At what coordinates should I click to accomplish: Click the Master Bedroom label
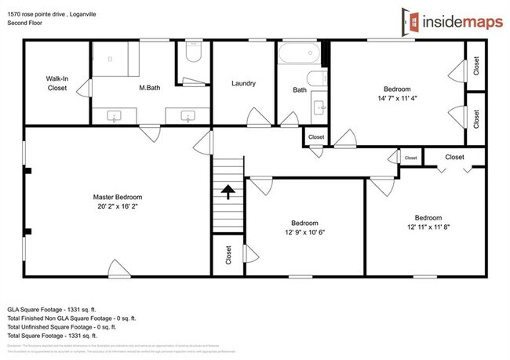[x=117, y=197]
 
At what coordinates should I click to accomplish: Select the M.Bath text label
[x=150, y=88]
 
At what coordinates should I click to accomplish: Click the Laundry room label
[x=244, y=84]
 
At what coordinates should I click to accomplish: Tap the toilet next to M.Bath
[x=194, y=54]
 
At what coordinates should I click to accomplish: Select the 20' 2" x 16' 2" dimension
[x=117, y=207]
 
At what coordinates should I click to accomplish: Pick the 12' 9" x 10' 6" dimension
[x=305, y=231]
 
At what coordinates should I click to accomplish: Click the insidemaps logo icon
[x=410, y=21]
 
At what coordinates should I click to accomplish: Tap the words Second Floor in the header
[x=25, y=23]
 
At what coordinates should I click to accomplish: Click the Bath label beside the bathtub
[x=300, y=90]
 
